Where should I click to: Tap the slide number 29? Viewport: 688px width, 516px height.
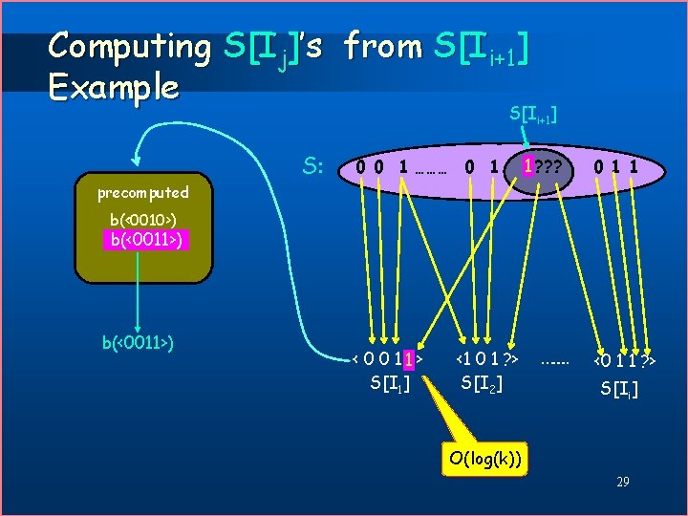click(x=622, y=483)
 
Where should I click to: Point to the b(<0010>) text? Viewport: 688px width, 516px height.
click(x=142, y=222)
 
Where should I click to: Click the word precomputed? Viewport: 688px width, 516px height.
click(x=142, y=192)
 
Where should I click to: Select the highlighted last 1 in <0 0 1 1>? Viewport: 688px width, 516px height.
click(x=408, y=360)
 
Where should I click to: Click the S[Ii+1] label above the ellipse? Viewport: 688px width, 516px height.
click(x=533, y=115)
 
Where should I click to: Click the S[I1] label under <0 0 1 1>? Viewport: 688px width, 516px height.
click(x=389, y=383)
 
